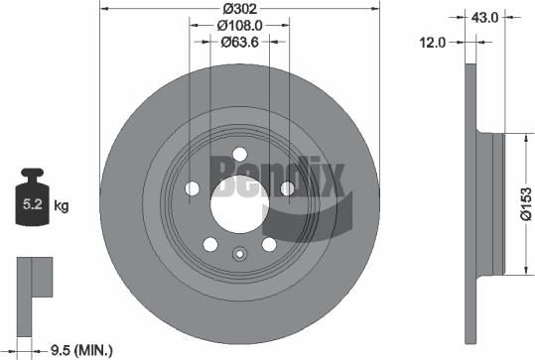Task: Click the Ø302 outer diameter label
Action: pyautogui.click(x=239, y=9)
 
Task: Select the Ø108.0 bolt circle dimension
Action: pyautogui.click(x=239, y=25)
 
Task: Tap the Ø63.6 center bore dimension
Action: pyautogui.click(x=239, y=42)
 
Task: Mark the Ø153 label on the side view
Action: pyautogui.click(x=525, y=202)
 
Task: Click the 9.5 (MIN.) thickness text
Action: pyautogui.click(x=80, y=348)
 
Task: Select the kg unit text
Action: pyautogui.click(x=62, y=206)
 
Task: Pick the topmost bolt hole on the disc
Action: pyautogui.click(x=239, y=155)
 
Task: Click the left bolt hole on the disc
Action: pyautogui.click(x=192, y=188)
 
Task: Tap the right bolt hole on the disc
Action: pyautogui.click(x=287, y=188)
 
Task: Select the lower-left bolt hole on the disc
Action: pyautogui.click(x=209, y=244)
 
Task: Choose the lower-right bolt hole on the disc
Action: pyautogui.click(x=269, y=244)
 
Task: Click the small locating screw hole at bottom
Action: pyautogui.click(x=239, y=253)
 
